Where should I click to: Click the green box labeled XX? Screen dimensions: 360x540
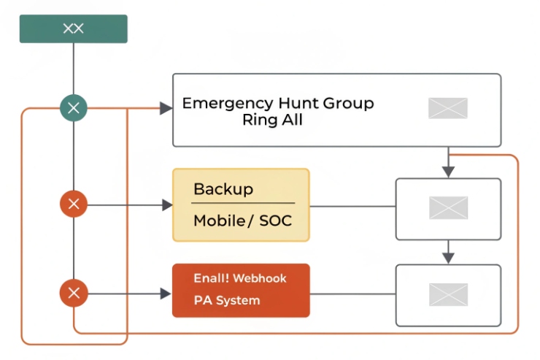coord(73,28)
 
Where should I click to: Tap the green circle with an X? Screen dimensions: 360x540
coord(73,109)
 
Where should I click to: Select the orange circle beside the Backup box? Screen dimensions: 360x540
coord(73,204)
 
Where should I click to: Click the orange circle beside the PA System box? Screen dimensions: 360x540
coord(73,294)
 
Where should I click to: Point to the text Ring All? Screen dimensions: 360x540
coord(272,120)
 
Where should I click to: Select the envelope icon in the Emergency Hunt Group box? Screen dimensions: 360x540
coord(447,108)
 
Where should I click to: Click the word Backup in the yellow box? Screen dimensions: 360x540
coord(223,189)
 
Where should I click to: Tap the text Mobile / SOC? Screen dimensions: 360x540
coord(242,221)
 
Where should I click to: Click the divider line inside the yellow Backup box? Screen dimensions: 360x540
coord(244,204)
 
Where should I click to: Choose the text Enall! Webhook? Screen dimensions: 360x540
coord(240,278)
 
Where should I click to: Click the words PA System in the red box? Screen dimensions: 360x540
coord(226,300)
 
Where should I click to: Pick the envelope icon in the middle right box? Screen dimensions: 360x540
coord(447,208)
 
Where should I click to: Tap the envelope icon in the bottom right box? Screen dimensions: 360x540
coord(447,294)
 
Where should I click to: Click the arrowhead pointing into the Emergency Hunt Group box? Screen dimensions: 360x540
coord(166,108)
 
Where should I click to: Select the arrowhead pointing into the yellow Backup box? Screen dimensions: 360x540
coord(166,205)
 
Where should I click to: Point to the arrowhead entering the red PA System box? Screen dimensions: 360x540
coord(166,294)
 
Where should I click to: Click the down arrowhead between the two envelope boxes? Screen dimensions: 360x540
coord(448,258)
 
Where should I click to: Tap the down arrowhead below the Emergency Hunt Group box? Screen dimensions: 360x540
coord(448,172)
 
